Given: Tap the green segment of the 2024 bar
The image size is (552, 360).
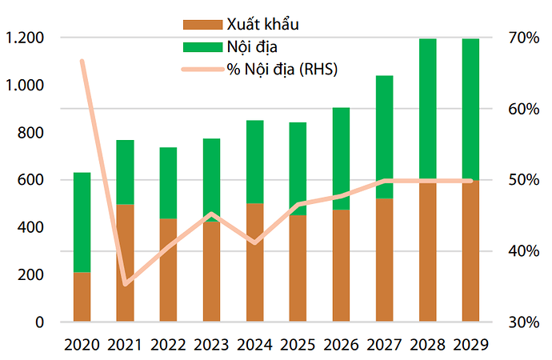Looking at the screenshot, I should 254,162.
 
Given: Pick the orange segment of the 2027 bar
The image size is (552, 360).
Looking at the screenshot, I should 384,260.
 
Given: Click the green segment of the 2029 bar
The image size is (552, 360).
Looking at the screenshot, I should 470,109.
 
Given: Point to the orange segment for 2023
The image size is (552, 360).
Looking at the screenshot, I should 211,272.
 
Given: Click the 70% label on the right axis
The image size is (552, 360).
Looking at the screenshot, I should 521,38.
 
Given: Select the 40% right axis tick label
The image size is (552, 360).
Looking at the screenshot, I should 521,251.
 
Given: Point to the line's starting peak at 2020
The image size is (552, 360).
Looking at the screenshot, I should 82,61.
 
